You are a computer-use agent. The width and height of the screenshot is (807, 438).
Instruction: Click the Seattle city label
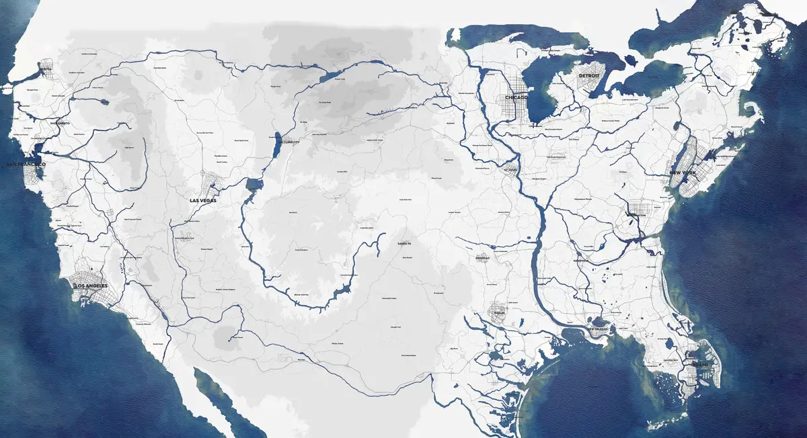click(x=46, y=69)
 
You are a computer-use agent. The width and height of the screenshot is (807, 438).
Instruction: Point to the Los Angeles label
click(x=90, y=286)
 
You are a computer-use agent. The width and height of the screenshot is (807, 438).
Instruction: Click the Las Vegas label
click(x=204, y=200)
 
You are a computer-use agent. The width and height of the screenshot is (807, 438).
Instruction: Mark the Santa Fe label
click(x=403, y=243)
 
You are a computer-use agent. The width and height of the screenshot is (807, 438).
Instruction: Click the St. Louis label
click(x=513, y=169)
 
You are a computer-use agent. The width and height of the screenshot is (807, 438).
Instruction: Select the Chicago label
click(x=516, y=97)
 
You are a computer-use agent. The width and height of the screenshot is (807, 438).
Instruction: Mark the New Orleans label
click(x=599, y=329)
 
